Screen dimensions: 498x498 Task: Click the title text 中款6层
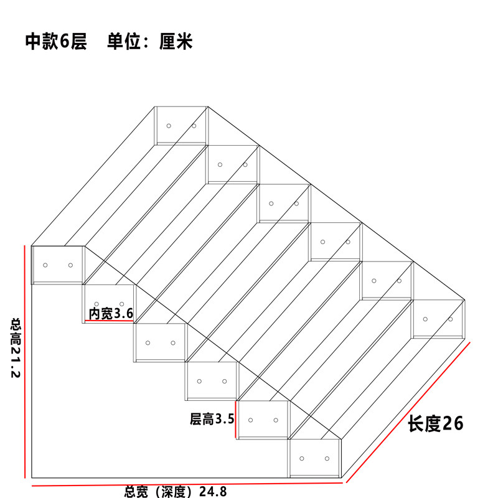(56, 41)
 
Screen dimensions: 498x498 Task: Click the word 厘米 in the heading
(176, 41)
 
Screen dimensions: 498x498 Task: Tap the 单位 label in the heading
(124, 41)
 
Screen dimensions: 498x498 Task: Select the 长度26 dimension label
(435, 423)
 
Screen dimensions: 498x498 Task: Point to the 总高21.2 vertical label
(16, 348)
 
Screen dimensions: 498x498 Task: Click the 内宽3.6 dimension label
(111, 314)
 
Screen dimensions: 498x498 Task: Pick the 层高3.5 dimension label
(212, 419)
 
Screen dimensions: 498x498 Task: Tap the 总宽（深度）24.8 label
(176, 492)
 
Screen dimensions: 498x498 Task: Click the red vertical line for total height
(25, 362)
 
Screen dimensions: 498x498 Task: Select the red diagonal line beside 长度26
(408, 412)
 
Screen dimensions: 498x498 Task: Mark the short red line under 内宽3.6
(110, 321)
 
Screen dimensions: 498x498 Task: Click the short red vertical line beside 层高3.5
(236, 419)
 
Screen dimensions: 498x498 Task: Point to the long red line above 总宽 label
(187, 484)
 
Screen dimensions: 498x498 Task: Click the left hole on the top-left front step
(45, 265)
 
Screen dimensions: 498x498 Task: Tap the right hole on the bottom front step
(327, 458)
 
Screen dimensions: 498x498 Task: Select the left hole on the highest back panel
(169, 126)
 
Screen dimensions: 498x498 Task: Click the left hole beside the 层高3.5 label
(251, 420)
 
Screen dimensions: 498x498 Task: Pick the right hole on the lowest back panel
(450, 319)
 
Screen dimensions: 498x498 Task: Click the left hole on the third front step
(148, 343)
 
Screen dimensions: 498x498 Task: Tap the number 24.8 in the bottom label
(213, 492)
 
